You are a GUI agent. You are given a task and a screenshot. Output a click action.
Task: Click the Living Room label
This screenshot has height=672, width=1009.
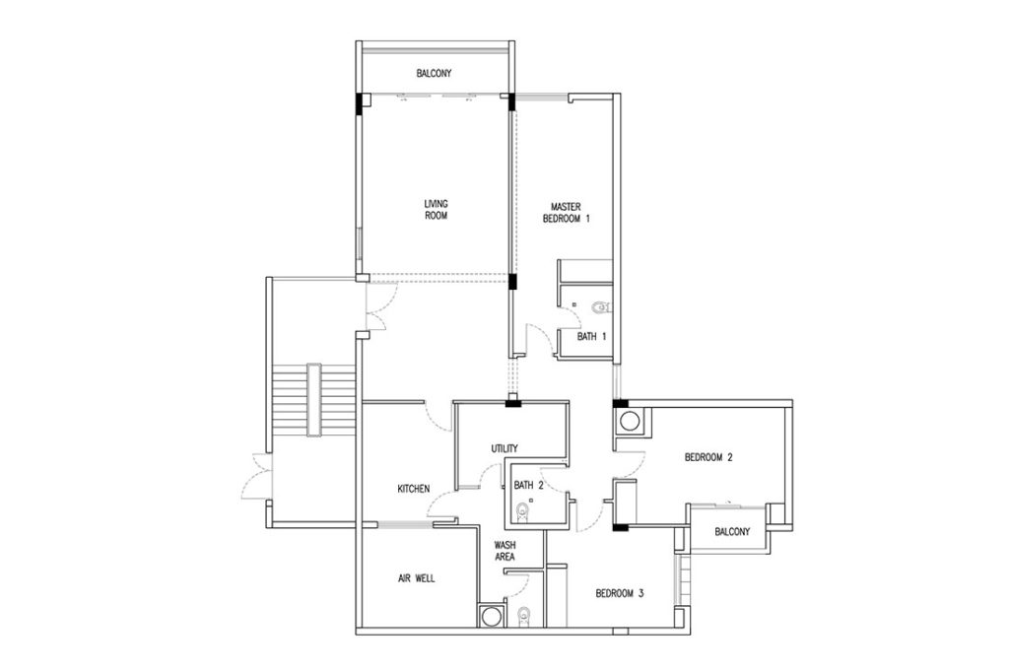click(436, 209)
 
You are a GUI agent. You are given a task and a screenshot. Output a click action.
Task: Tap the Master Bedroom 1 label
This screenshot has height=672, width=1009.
click(567, 213)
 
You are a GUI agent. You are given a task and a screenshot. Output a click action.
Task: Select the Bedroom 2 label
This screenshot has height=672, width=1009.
click(708, 457)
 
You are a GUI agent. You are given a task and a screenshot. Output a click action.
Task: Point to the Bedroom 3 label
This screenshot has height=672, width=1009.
click(619, 593)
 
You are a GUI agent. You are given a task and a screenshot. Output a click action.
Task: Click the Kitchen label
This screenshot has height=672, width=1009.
click(413, 489)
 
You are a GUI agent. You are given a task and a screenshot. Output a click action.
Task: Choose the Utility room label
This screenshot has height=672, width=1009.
click(504, 448)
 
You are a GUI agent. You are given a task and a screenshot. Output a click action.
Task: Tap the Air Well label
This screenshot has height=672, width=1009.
click(417, 578)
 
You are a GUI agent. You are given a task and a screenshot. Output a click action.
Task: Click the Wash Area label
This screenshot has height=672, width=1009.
click(504, 551)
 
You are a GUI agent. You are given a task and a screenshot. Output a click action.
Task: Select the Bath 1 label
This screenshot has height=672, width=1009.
click(591, 336)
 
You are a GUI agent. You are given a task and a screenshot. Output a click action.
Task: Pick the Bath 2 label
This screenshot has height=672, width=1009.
click(528, 486)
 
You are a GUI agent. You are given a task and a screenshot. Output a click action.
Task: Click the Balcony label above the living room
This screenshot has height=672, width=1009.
click(434, 73)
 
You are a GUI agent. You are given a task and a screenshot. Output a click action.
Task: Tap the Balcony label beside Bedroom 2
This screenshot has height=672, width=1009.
click(732, 532)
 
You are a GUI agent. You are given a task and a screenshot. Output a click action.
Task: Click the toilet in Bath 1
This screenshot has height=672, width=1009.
click(600, 307)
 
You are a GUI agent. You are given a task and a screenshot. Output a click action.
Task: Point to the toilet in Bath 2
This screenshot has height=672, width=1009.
click(523, 513)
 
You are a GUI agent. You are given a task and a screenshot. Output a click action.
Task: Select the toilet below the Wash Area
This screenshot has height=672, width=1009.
click(524, 616)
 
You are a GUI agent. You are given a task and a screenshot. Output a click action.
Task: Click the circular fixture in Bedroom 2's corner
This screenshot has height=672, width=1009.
click(629, 423)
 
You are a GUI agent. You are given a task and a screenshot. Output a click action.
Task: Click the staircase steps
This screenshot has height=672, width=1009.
click(313, 400)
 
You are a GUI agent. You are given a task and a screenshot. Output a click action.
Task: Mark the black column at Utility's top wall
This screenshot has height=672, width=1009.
click(513, 404)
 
